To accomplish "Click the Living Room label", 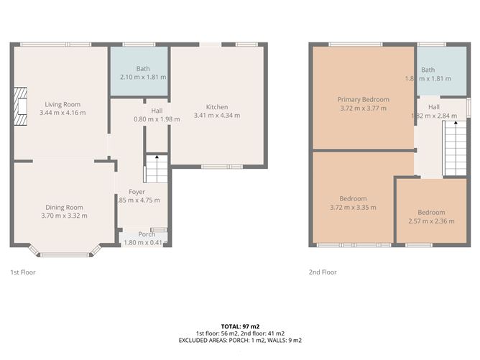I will (62, 104).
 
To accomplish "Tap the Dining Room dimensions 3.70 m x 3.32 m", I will (65, 216).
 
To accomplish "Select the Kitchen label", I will (217, 106).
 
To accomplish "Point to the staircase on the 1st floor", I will (156, 169).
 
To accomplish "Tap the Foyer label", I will (137, 192).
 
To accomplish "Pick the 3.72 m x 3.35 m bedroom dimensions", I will (353, 208).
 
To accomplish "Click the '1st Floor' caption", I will (23, 272).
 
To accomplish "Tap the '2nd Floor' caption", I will (322, 272).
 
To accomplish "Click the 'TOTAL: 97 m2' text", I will (239, 326).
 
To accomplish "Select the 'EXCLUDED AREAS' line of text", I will (239, 340).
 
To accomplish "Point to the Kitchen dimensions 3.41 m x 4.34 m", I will (217, 115).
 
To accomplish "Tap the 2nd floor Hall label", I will (434, 107).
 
